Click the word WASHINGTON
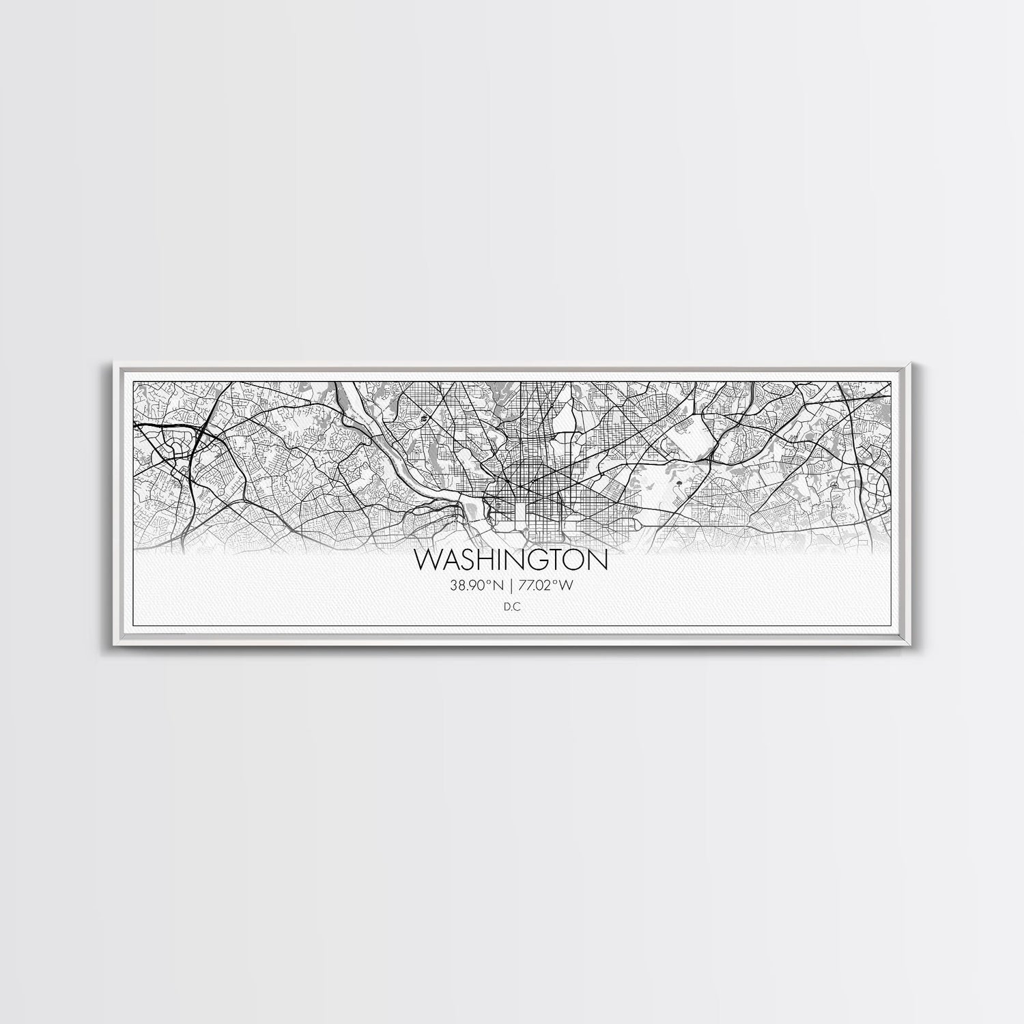pyautogui.click(x=511, y=560)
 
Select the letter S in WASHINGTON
pyautogui.click(x=471, y=560)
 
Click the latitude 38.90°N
pyautogui.click(x=476, y=584)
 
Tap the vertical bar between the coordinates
pyautogui.click(x=511, y=584)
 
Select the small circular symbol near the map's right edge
pyautogui.click(x=834, y=484)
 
